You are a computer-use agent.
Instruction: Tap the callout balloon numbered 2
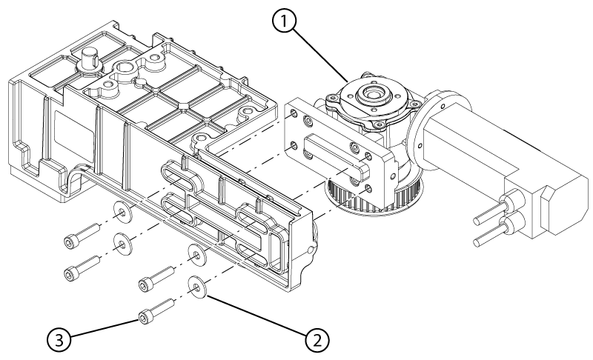[317, 341]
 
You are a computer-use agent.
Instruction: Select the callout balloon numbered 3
[60, 341]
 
